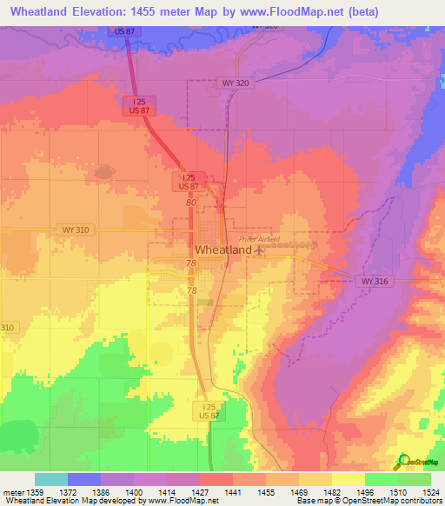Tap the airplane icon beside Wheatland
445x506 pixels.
click(x=259, y=250)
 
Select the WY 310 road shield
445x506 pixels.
click(x=76, y=230)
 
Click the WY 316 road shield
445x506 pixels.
click(x=375, y=280)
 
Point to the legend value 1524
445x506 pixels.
click(x=429, y=491)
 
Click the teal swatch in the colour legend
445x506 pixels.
click(x=51, y=479)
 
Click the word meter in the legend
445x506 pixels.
click(x=12, y=491)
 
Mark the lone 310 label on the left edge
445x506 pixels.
click(x=7, y=327)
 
